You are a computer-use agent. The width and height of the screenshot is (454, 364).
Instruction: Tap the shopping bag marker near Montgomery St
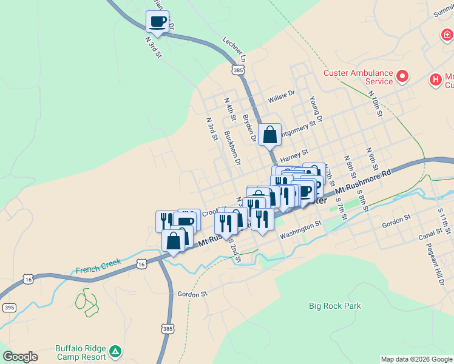(x=269, y=135)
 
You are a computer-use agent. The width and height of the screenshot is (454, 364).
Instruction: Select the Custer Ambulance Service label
(x=358, y=77)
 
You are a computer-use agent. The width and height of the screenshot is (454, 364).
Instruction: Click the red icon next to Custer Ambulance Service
(x=402, y=77)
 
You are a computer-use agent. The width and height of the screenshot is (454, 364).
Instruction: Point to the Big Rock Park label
(x=334, y=306)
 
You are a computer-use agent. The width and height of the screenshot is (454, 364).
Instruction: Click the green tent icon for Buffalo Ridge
(x=115, y=351)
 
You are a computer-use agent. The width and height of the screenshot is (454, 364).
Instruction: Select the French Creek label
(x=98, y=266)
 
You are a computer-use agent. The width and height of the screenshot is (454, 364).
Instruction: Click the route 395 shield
(x=8, y=307)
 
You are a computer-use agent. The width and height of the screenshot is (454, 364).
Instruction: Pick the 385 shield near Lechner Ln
(x=238, y=70)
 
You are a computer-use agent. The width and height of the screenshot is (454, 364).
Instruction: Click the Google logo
(x=20, y=357)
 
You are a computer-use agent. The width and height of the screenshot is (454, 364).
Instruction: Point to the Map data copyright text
(x=416, y=359)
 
